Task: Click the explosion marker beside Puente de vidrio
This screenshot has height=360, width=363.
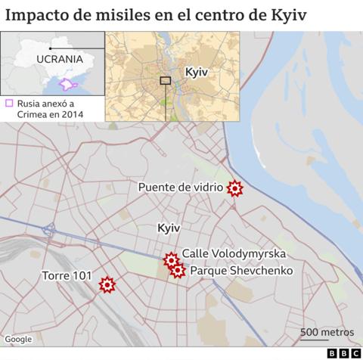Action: tap(235, 188)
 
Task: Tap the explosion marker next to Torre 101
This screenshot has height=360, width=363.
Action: tap(107, 284)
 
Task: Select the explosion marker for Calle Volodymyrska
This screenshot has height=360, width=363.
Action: tap(171, 259)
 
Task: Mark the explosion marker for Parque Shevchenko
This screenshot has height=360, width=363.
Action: tap(178, 270)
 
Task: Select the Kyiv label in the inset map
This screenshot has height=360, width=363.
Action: tap(196, 71)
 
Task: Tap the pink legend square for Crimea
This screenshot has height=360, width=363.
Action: tap(9, 104)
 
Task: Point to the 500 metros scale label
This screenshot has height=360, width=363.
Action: tap(327, 332)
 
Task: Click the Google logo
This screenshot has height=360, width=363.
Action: tap(18, 339)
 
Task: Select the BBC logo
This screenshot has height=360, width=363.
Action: tap(343, 352)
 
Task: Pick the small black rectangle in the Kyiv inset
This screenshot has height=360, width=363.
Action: tap(166, 80)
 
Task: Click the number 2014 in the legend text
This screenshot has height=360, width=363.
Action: tap(70, 114)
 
